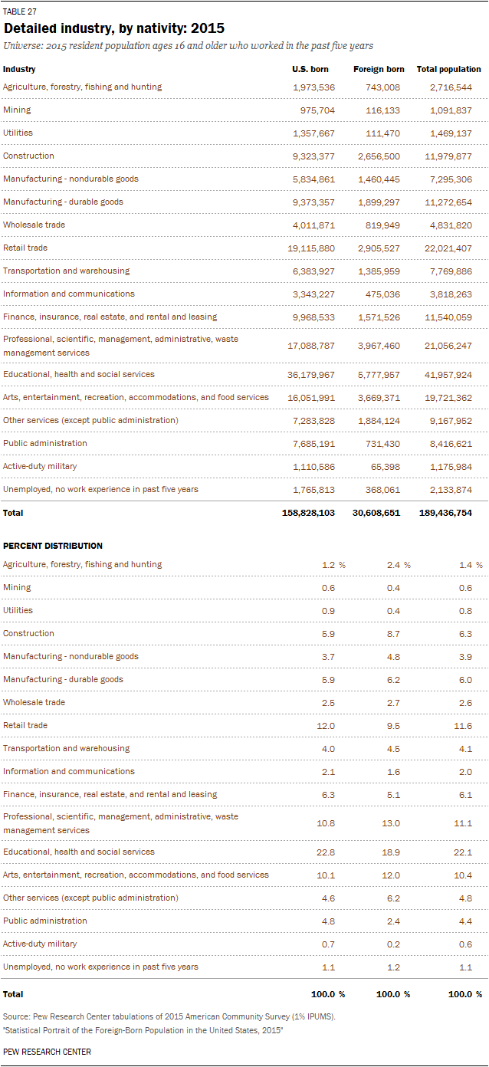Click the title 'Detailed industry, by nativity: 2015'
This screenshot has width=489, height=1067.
pos(114,28)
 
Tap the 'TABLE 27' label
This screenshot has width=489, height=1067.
pos(20,11)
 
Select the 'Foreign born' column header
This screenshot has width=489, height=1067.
pos(379,69)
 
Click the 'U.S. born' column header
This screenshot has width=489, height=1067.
pos(310,69)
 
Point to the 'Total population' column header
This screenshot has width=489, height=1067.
pos(448,69)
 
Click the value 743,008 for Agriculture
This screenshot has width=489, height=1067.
pos(381,87)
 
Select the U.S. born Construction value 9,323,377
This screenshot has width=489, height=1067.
pos(313,156)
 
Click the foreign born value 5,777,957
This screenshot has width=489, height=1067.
pos(379,375)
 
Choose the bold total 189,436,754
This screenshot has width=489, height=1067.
pos(445,513)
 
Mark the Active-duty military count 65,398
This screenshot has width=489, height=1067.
pos(385,467)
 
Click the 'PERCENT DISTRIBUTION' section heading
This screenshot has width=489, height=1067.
pos(53,546)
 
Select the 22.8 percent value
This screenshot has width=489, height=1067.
pos(327,852)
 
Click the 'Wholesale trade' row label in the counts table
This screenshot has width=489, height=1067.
pos(34,225)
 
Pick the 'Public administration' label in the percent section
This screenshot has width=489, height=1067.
pos(45,921)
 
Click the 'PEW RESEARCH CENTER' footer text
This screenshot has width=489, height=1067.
pos(47,1052)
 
